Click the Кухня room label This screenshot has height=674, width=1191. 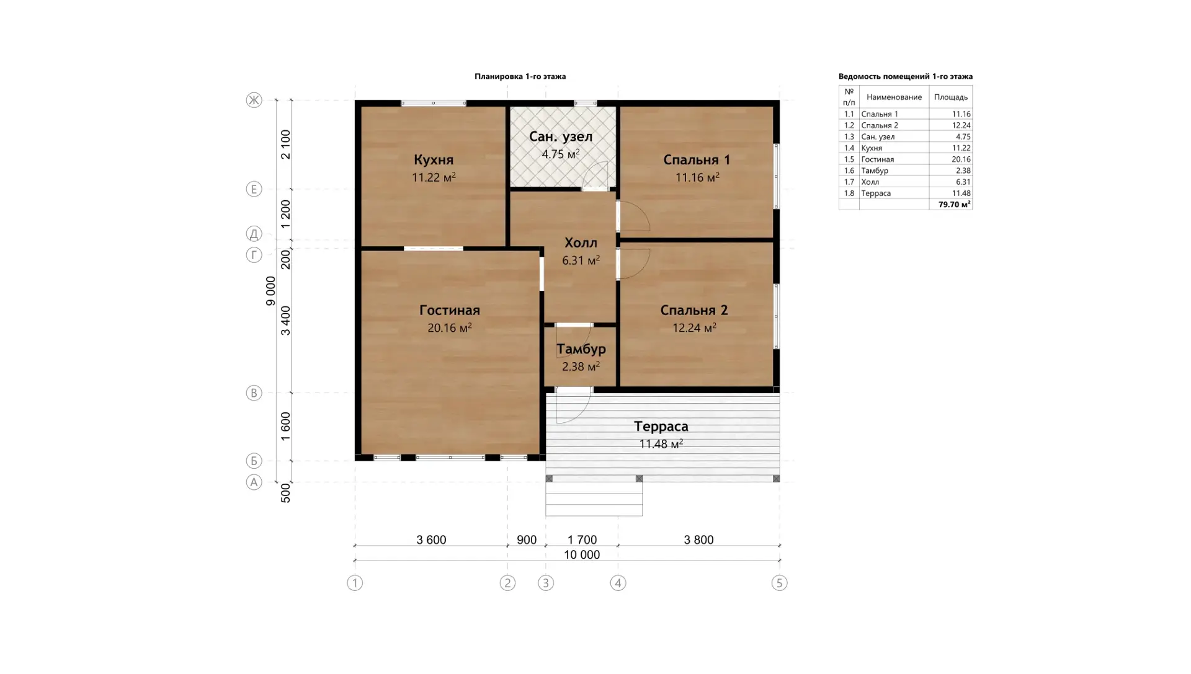click(x=434, y=160)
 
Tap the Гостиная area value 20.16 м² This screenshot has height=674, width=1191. click(x=450, y=327)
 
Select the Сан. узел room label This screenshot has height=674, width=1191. click(x=561, y=136)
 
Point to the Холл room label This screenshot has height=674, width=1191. click(x=581, y=242)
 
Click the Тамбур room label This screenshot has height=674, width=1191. click(x=581, y=349)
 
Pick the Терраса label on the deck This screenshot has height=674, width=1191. click(x=661, y=427)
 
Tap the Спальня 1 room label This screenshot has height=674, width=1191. click(x=697, y=160)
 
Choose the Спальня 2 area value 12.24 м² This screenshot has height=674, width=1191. click(x=695, y=327)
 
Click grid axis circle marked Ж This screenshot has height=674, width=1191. click(x=254, y=100)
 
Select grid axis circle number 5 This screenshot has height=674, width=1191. click(x=779, y=583)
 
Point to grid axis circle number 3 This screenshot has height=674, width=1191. click(x=546, y=583)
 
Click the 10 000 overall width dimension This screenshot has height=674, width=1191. click(x=582, y=555)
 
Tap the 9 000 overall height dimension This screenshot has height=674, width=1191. click(x=270, y=291)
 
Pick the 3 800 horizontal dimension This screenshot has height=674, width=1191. click(x=698, y=540)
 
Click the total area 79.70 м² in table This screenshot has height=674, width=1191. click(x=955, y=204)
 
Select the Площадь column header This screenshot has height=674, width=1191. click(x=951, y=97)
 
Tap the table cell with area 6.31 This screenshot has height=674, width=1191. click(x=963, y=182)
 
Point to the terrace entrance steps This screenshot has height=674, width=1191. click(x=594, y=499)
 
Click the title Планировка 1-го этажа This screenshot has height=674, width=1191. click(x=520, y=76)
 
